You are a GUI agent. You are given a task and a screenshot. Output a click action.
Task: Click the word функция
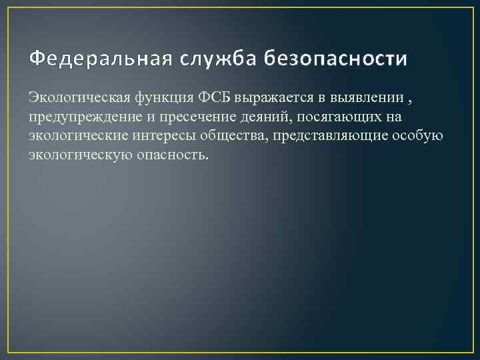point(162,99)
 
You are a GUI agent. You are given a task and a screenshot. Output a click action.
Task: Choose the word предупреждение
point(82,118)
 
